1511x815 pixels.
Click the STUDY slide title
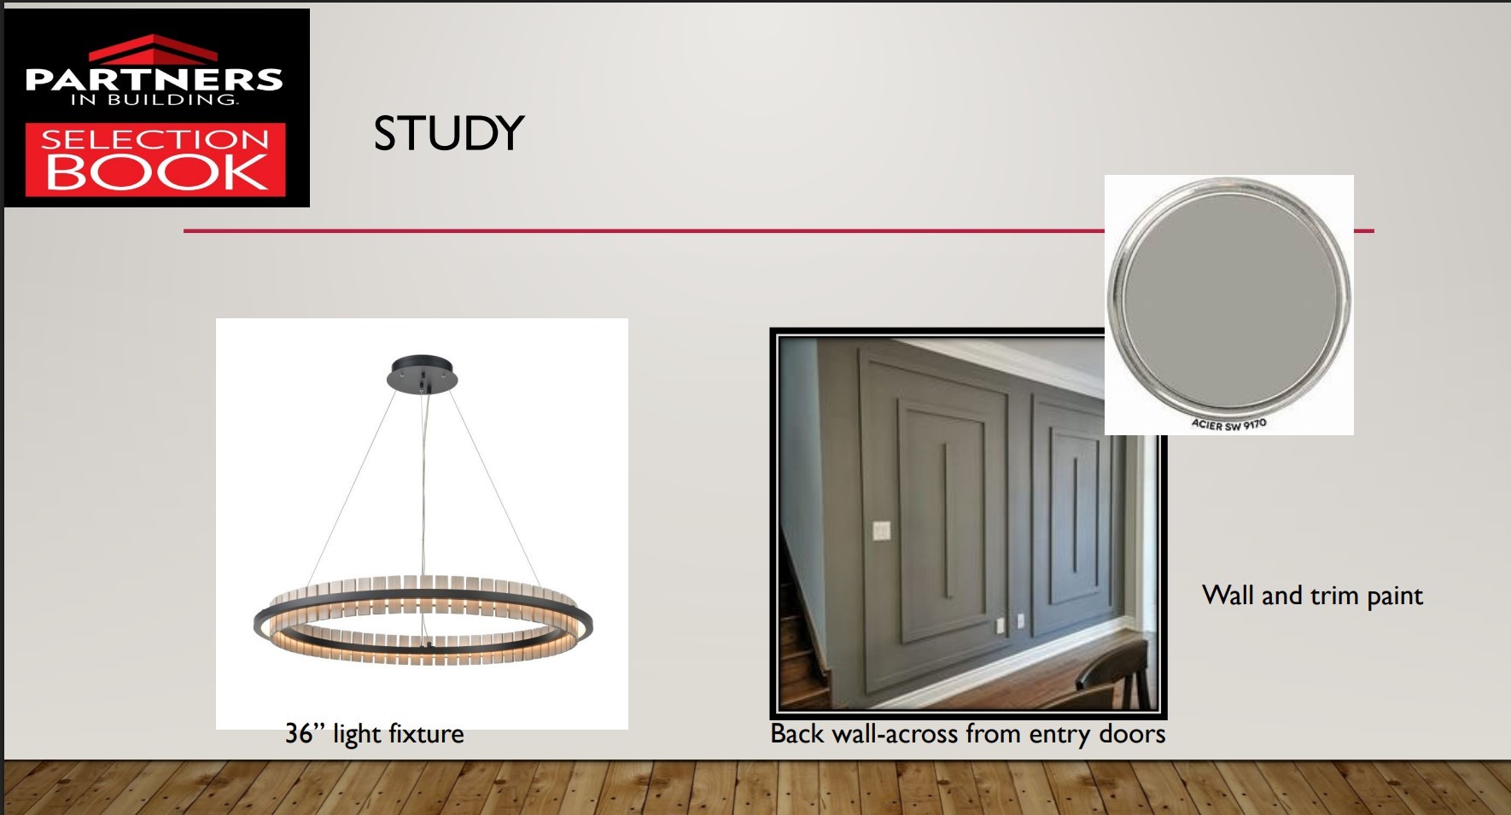[449, 134]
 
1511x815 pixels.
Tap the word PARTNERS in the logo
[154, 79]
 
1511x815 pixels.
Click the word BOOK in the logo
[156, 172]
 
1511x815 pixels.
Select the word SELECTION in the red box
[155, 139]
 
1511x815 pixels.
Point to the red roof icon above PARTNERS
[154, 49]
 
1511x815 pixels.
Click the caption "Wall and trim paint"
[1312, 596]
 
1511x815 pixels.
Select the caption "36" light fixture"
[375, 734]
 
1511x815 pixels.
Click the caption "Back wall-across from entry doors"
[968, 734]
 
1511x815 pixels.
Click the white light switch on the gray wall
[881, 530]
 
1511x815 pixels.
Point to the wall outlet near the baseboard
[999, 624]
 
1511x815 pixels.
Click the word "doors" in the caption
[1131, 733]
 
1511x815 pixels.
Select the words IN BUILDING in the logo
[154, 100]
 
